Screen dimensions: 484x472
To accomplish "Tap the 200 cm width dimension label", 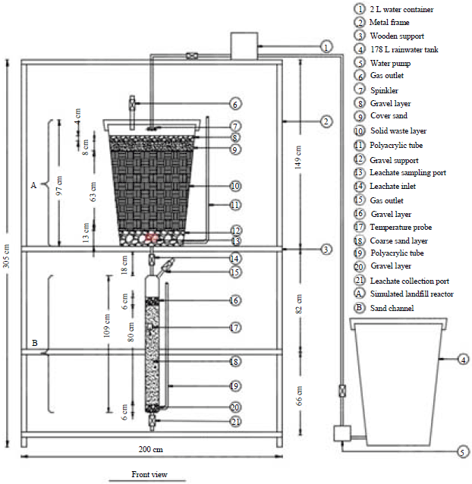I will (152, 449).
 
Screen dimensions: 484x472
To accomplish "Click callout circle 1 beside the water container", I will (326, 46).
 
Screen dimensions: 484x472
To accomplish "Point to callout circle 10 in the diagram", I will (235, 185).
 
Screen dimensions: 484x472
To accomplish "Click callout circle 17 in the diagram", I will (235, 328).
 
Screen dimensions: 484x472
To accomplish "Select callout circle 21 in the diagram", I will (235, 421).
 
